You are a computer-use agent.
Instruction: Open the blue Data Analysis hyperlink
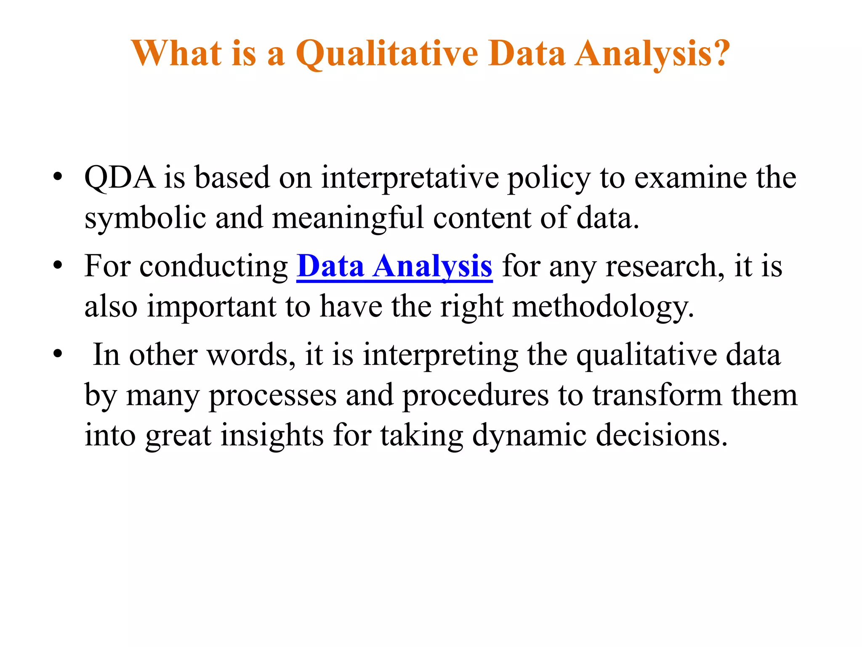[394, 267]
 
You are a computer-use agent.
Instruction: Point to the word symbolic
[145, 219]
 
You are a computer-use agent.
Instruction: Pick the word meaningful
[348, 219]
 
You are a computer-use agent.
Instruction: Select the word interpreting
[440, 355]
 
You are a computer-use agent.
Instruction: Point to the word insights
[272, 435]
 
